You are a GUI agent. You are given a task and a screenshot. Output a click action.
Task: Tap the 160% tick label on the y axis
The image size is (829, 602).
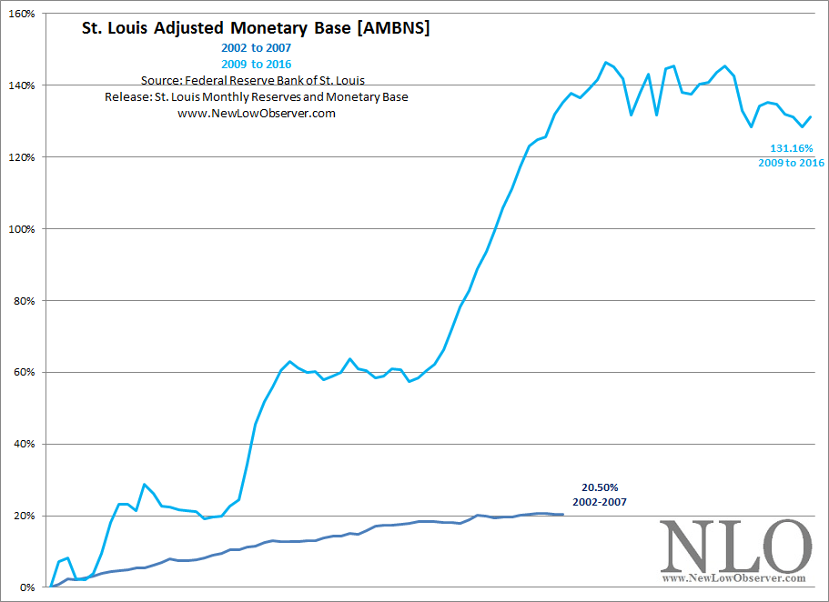[23, 14]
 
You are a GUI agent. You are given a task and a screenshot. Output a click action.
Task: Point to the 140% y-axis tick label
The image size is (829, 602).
[23, 85]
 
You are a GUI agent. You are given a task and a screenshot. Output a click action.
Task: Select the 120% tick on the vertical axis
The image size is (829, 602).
[23, 157]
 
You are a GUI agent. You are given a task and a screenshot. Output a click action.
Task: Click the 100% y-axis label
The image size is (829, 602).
[23, 229]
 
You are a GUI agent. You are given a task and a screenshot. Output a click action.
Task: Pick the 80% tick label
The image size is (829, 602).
[25, 301]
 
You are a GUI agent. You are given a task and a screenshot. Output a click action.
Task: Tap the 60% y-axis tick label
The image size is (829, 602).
[25, 373]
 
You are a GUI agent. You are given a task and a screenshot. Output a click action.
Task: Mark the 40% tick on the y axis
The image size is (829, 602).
[25, 445]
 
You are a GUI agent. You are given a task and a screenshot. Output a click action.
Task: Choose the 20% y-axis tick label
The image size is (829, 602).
[25, 517]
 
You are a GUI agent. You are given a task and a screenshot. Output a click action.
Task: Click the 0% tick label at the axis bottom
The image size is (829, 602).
[28, 587]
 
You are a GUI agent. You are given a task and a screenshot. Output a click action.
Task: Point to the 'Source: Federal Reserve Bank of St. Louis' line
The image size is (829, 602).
[252, 80]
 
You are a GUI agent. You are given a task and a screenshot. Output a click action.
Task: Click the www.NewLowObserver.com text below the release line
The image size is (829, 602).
[256, 113]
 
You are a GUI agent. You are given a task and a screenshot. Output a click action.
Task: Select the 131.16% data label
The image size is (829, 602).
[791, 147]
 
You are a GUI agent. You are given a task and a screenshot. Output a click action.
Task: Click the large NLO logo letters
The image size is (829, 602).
[734, 546]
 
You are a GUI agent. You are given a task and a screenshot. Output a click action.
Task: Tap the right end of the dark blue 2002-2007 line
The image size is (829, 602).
[562, 515]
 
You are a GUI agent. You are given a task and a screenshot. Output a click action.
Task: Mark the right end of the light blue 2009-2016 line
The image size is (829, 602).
[810, 116]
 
